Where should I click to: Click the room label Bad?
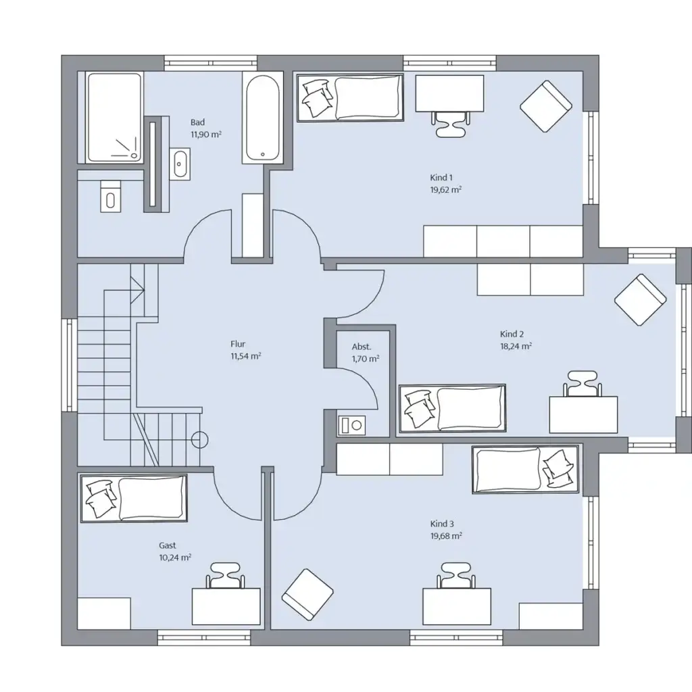tap(198, 122)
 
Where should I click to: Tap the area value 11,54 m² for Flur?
tap(246, 356)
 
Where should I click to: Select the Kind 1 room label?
tap(441, 178)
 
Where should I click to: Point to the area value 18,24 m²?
tap(516, 346)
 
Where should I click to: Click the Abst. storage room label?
tap(362, 347)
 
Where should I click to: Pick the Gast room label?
tap(168, 545)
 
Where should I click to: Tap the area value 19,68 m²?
tap(446, 536)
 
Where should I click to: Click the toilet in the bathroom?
tap(110, 197)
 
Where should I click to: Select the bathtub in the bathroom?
tap(263, 117)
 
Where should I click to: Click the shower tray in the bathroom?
tap(114, 118)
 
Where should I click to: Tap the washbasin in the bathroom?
tap(180, 164)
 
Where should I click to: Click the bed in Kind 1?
tap(350, 97)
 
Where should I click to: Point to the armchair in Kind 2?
tap(640, 299)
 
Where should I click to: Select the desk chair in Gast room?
tap(225, 576)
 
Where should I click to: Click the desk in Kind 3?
tap(457, 606)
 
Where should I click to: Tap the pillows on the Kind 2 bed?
tap(418, 409)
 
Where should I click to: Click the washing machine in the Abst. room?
tap(351, 426)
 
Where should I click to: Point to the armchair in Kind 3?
tap(307, 595)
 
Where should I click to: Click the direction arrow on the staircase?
tap(137, 290)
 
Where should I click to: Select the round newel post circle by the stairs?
tap(200, 439)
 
